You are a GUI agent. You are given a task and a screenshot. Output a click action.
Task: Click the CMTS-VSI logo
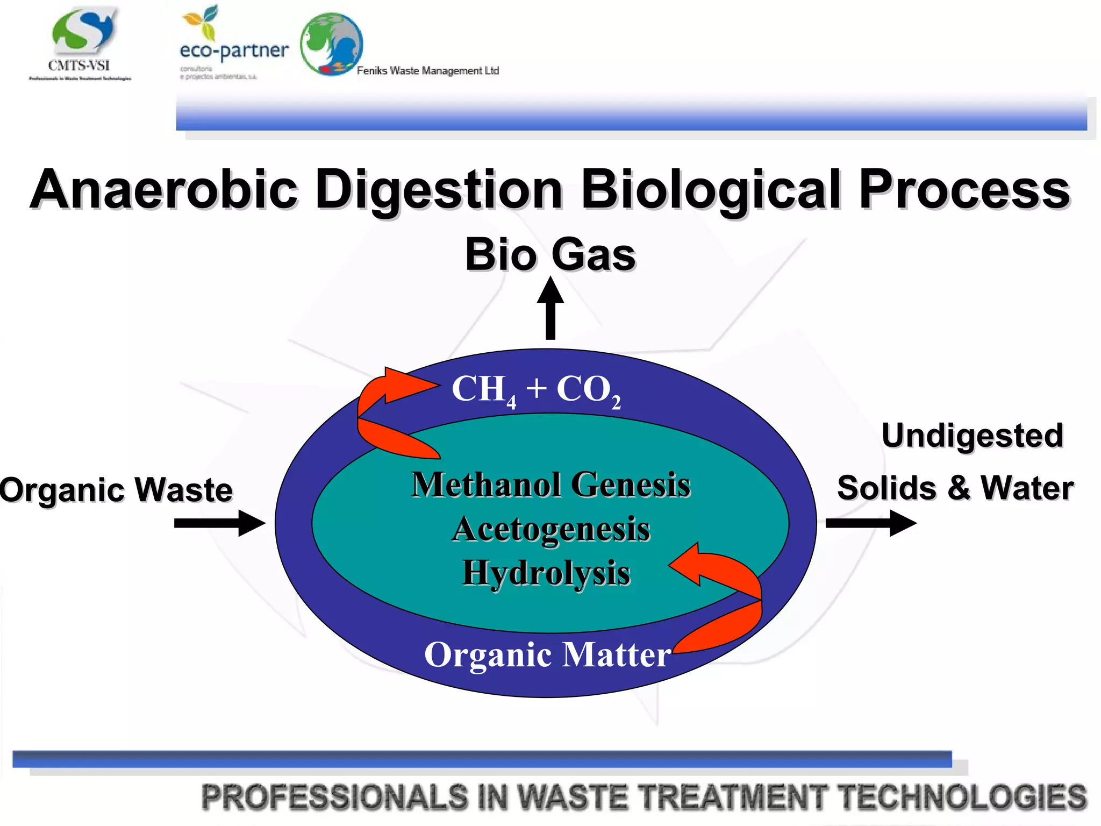point(81,43)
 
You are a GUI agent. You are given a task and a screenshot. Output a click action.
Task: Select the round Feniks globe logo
point(331,44)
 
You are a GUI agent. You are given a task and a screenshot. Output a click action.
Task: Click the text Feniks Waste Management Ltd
point(428,71)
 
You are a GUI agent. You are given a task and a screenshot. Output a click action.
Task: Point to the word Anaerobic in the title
point(163,189)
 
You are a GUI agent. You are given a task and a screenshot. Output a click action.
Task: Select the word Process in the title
point(964,189)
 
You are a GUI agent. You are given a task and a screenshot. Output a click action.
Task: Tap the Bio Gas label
point(550,254)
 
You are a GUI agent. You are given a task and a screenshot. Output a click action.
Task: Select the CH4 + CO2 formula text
point(536,389)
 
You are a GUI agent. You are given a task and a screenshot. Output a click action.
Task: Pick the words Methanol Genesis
point(550,485)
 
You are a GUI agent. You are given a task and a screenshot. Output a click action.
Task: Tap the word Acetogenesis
point(550,529)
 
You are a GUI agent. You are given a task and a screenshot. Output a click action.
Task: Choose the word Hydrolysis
point(546,573)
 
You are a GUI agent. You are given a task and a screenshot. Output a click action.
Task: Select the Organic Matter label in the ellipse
point(547,655)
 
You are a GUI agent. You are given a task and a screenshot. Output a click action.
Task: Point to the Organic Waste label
point(116,490)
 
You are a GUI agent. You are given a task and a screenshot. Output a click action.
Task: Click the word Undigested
point(972,435)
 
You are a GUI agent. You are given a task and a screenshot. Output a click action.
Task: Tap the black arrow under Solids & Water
point(871,523)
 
